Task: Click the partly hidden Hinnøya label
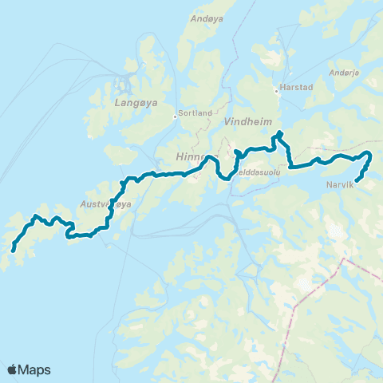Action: click(191, 158)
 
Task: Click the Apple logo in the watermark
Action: click(12, 369)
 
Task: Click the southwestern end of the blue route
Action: click(14, 251)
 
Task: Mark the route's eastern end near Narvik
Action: click(356, 180)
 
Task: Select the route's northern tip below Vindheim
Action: click(279, 132)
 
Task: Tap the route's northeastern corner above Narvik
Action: click(369, 153)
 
